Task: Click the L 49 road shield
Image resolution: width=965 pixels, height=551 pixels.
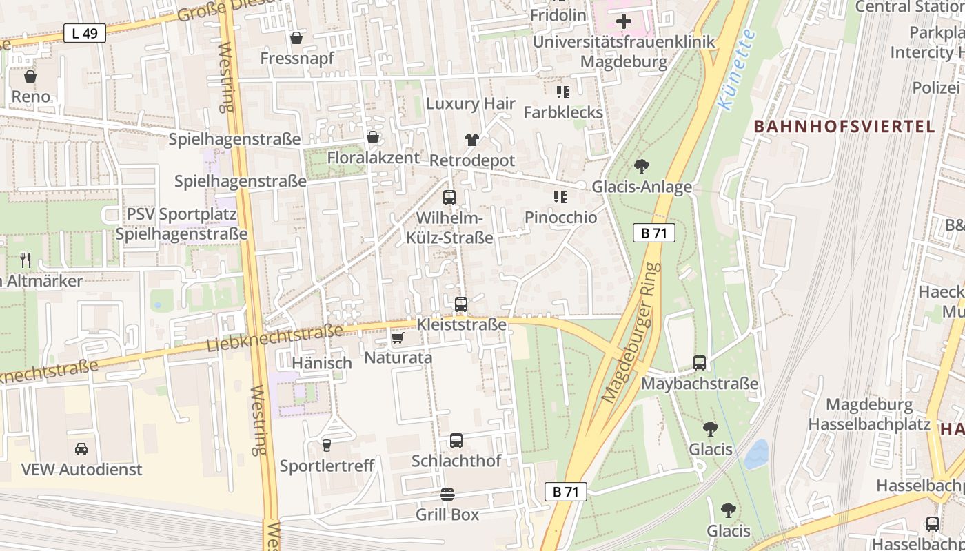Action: (x=84, y=32)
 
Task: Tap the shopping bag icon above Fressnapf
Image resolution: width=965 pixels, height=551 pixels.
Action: (x=296, y=37)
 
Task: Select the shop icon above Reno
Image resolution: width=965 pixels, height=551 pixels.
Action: (x=30, y=76)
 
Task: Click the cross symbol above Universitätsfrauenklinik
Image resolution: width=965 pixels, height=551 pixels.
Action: (x=624, y=21)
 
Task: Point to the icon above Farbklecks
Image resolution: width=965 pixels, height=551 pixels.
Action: (x=562, y=92)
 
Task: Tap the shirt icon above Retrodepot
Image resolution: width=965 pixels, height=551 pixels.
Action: (x=471, y=140)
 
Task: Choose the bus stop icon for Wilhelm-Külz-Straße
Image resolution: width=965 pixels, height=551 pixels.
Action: (x=449, y=198)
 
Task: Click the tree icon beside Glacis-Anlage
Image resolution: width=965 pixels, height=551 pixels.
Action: (x=641, y=166)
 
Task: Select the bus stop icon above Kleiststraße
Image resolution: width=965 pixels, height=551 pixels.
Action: (x=461, y=304)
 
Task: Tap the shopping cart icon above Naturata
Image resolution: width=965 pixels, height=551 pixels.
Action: (x=397, y=337)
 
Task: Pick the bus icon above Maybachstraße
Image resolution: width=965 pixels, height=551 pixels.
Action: (x=700, y=363)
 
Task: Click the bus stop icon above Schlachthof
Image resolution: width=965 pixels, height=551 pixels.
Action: (x=456, y=441)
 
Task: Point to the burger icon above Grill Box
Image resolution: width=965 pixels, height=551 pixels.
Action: (x=447, y=494)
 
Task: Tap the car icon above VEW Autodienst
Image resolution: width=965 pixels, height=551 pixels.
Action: (x=81, y=449)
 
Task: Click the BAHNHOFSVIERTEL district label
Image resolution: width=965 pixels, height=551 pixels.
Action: (x=844, y=127)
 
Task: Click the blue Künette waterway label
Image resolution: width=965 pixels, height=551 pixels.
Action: (x=736, y=70)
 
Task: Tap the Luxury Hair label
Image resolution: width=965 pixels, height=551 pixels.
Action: (x=471, y=103)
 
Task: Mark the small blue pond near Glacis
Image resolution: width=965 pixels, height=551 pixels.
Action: (x=756, y=455)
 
